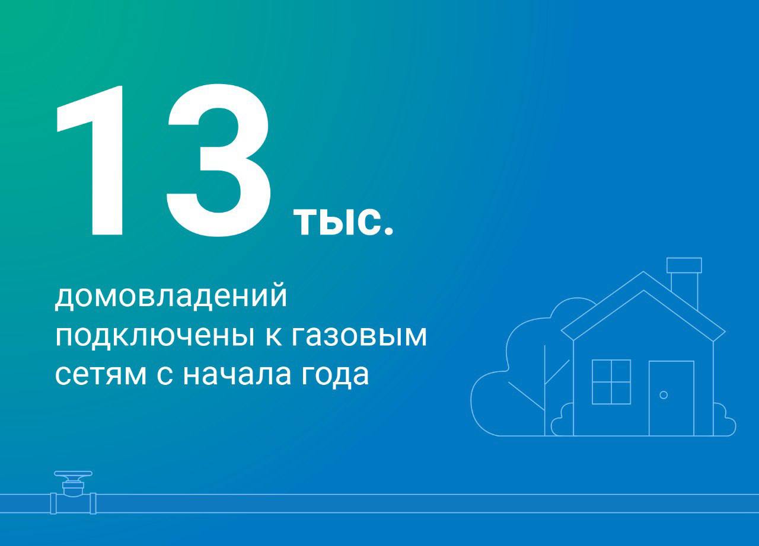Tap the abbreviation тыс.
tap(343, 222)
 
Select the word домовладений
tap(171, 297)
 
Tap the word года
tap(336, 375)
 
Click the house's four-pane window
tap(611, 382)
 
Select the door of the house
tap(671, 398)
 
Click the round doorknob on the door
tap(664, 394)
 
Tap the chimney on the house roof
tap(684, 278)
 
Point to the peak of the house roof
tap(643, 274)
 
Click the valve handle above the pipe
tap(73, 475)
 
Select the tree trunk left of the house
tap(545, 391)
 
